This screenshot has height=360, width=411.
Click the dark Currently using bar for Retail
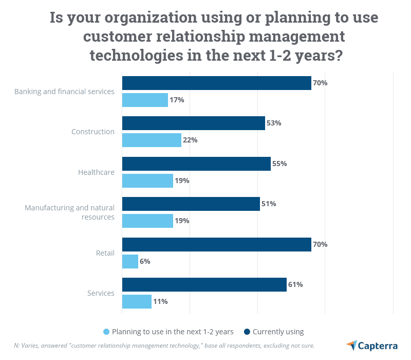coord(216,244)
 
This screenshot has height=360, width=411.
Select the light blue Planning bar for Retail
coord(130,261)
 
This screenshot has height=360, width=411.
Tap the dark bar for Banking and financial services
coord(216,83)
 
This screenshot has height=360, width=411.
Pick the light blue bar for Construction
coord(152,140)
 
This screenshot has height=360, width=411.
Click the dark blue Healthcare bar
coord(196,164)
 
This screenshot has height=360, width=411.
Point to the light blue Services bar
coord(137,301)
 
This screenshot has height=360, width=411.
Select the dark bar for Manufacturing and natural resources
coord(191,204)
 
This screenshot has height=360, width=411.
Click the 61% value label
coord(295,284)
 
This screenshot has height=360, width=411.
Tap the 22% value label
coord(190,140)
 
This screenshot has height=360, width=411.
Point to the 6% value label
coord(145,261)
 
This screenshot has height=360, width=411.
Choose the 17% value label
coord(177,100)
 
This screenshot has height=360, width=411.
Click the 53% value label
coord(274,123)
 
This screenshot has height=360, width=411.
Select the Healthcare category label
coord(96,172)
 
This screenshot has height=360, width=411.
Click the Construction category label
coord(93,132)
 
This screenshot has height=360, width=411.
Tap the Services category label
coord(101,293)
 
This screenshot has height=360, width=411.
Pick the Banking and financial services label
coord(64,92)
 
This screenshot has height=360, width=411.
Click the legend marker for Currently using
coord(247,332)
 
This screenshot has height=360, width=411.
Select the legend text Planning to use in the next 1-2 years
coord(173,332)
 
